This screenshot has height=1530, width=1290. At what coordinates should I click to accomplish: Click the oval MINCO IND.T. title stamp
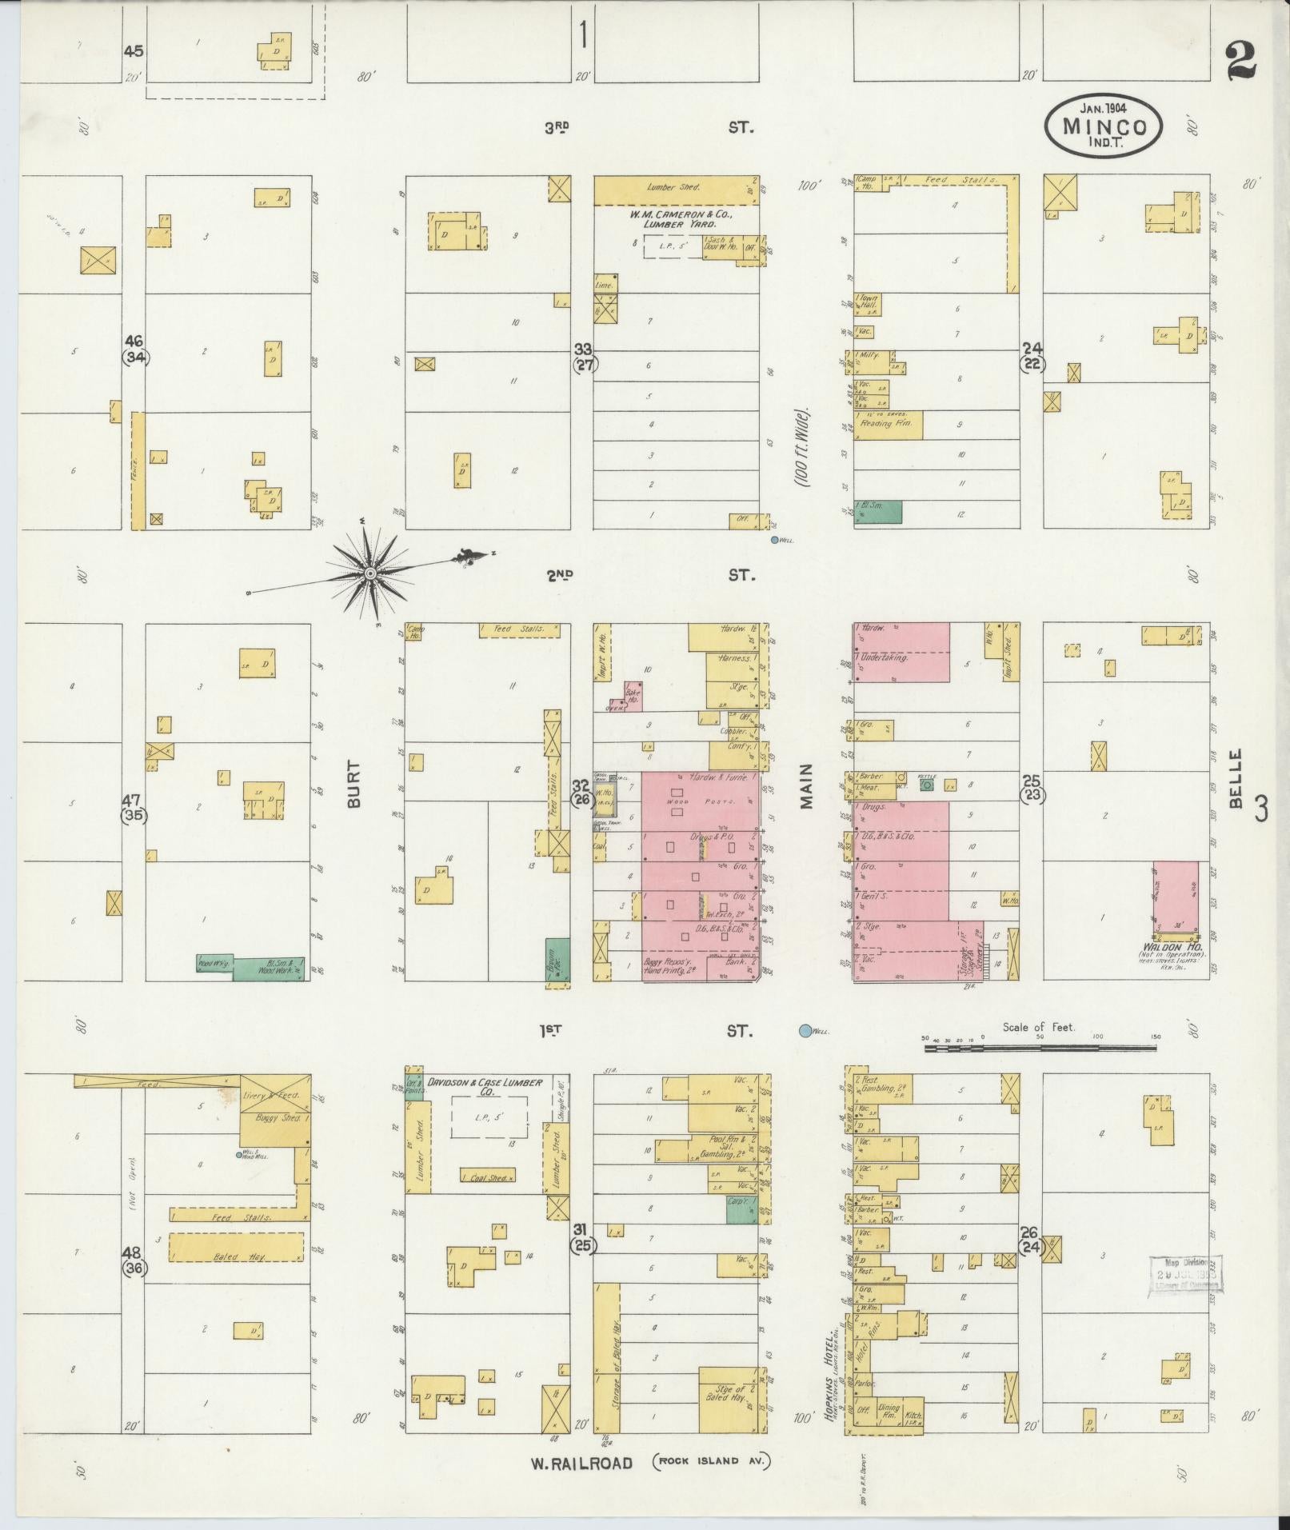[1103, 126]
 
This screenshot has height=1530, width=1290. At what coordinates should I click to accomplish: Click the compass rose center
[371, 573]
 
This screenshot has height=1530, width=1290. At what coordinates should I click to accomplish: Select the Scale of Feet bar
[1040, 1047]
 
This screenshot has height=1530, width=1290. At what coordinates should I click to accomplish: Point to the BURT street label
[354, 783]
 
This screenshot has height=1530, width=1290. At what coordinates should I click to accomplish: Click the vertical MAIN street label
[805, 785]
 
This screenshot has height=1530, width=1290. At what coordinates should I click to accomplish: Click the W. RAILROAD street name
[581, 1463]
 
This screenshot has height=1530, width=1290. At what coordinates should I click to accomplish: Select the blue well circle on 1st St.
[805, 1031]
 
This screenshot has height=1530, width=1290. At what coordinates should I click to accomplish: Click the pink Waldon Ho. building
[1175, 900]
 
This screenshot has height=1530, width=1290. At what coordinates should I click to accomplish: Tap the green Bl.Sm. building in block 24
[877, 512]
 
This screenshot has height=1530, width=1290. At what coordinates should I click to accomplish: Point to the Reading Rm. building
[888, 425]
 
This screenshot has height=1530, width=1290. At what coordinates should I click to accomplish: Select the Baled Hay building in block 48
[235, 1269]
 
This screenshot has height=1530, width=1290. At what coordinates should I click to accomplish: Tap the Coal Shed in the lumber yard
[487, 1175]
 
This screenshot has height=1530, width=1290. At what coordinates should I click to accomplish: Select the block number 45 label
[134, 51]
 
